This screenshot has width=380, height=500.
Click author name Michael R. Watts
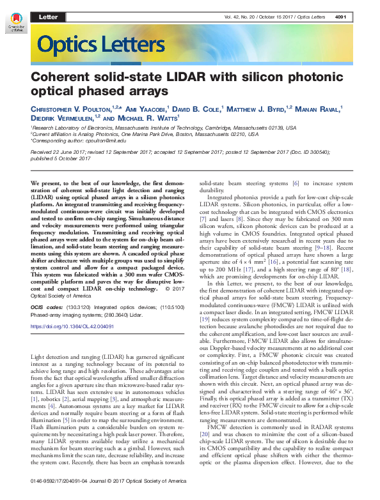click(x=149, y=118)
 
